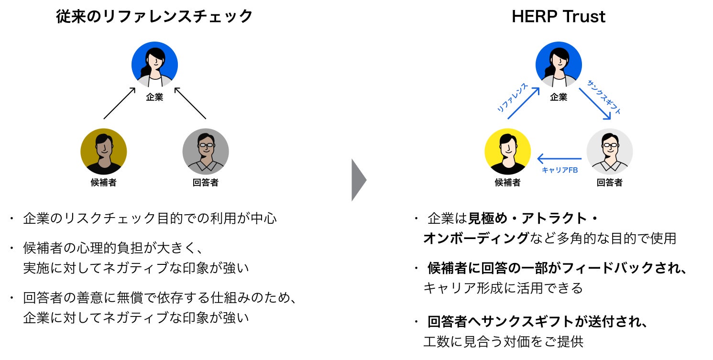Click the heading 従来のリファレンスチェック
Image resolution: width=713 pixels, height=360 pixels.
coord(154,17)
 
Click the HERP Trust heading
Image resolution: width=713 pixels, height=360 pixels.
coord(558,17)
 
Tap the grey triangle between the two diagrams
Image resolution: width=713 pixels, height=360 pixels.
coord(358,180)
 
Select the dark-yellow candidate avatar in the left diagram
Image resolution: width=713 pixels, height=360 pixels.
coord(103,151)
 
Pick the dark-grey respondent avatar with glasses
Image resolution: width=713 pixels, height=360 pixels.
coord(206,151)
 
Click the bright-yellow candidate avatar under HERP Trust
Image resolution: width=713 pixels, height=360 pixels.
coord(507,151)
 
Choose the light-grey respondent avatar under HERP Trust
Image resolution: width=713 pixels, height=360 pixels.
coord(610,151)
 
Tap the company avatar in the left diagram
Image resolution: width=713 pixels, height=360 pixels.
coord(154,65)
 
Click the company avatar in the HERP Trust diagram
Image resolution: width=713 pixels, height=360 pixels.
coord(559,65)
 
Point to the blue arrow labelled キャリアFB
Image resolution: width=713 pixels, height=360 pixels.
coord(559,159)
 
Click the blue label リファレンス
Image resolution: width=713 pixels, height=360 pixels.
coord(512,98)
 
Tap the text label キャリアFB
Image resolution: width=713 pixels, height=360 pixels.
coord(560,170)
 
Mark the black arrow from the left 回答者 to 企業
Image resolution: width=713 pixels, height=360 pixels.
coord(190,102)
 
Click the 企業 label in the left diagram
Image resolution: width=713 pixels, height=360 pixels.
coord(154,98)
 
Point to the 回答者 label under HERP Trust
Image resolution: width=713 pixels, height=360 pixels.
coord(610,182)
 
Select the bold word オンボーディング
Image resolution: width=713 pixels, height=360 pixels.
coord(476,238)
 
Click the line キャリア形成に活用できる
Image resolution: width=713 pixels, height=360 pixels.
coord(503,288)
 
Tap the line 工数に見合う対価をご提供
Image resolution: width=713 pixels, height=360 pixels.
coord(503,342)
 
